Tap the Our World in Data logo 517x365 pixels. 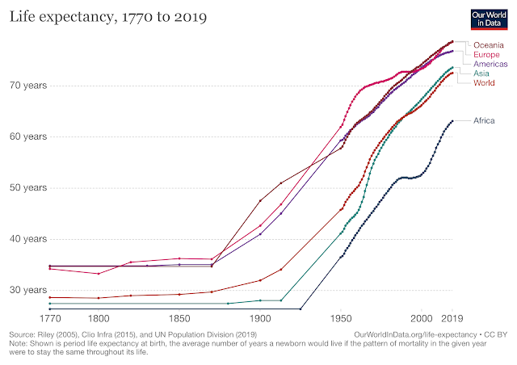click(487, 19)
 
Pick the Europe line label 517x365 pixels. click(489, 54)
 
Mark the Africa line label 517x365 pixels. click(486, 121)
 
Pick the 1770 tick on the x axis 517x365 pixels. click(49, 319)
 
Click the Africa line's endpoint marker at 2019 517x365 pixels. click(452, 121)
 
